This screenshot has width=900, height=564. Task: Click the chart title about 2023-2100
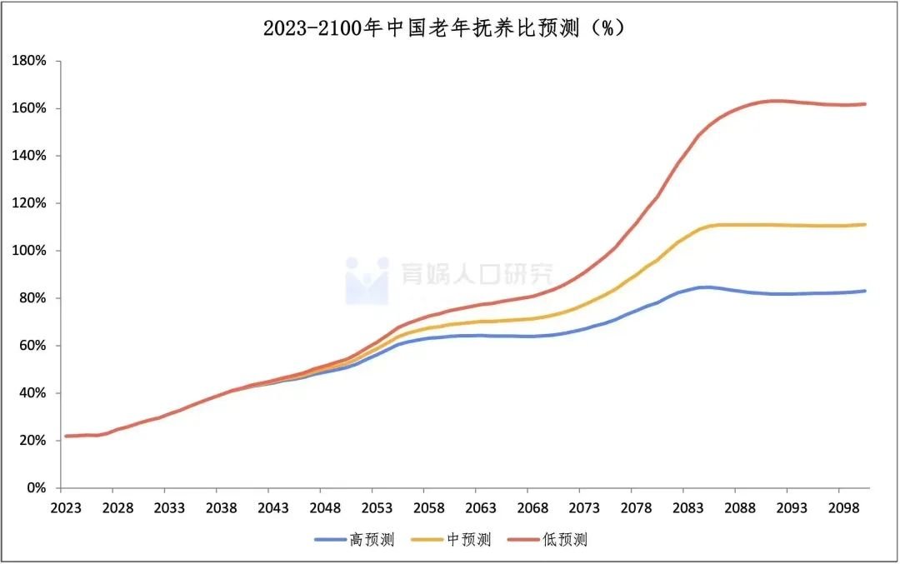443,27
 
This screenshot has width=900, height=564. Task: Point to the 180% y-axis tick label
30,61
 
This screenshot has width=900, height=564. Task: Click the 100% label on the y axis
30,251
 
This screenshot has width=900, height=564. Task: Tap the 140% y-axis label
30,156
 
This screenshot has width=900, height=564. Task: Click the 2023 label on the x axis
65,508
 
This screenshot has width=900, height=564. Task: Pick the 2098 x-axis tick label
839,508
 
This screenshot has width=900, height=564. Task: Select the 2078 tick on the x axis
633,508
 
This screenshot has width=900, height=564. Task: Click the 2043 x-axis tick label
272,508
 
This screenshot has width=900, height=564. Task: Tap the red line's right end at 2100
865,104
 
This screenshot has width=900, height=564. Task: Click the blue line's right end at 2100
865,291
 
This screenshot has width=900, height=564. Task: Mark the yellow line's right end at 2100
865,224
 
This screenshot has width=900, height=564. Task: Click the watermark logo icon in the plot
367,280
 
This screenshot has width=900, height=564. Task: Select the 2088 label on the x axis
736,508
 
